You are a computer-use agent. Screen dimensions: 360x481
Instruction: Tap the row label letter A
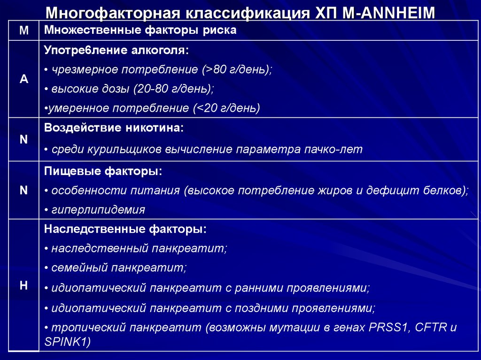click(x=24, y=79)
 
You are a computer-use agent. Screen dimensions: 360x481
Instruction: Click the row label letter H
click(x=24, y=285)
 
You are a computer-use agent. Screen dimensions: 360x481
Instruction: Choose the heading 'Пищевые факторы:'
click(x=103, y=172)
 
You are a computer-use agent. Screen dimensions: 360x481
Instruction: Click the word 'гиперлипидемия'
click(x=98, y=210)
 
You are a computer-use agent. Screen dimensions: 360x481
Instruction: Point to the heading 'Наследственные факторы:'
click(x=125, y=230)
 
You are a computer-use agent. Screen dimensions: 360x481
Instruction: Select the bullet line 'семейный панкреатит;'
click(x=116, y=268)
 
